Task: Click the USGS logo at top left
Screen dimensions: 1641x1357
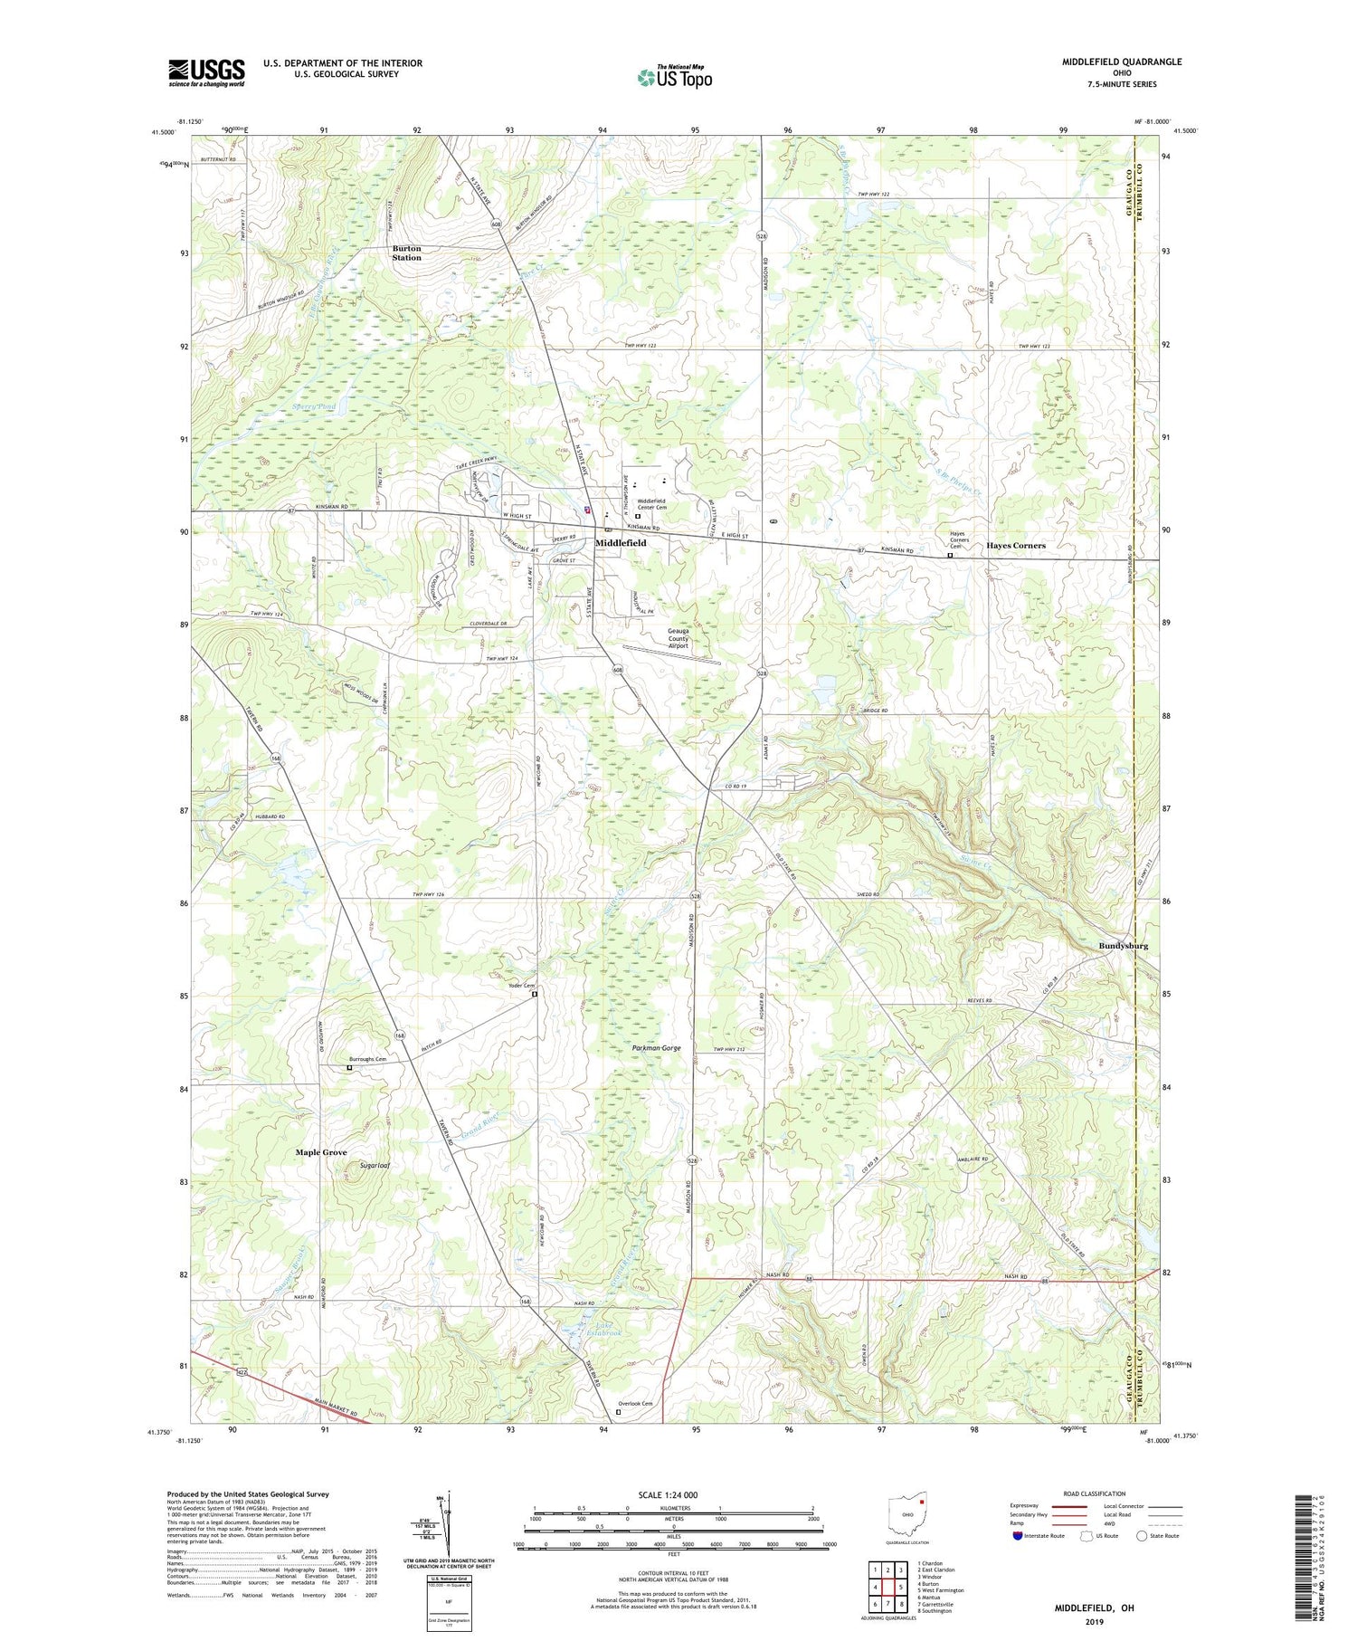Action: click(206, 72)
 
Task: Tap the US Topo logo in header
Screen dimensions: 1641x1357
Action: click(673, 77)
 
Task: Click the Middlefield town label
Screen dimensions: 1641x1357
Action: click(621, 542)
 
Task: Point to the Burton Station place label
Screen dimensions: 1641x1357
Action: click(406, 253)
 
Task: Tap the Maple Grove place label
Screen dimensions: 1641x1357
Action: click(321, 1152)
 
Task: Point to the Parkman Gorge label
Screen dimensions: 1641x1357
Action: click(657, 1047)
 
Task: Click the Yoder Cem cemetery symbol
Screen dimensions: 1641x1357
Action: click(534, 994)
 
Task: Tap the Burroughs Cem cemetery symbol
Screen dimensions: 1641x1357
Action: click(350, 1068)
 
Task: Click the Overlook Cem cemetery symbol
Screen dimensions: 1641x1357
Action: click(619, 1411)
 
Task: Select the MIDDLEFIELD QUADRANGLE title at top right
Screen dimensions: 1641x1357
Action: click(1122, 62)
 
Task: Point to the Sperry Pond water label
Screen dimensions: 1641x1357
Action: click(313, 407)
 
